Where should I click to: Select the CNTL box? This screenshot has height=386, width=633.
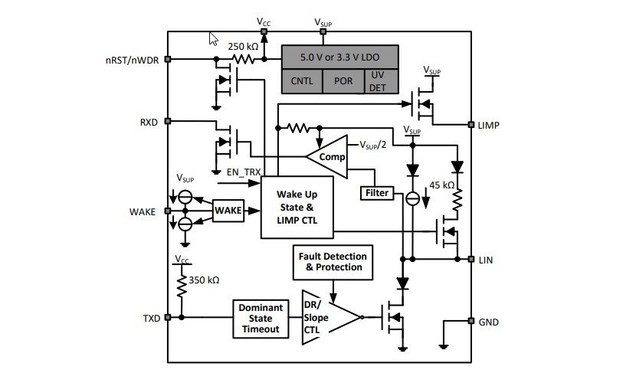coord(302,80)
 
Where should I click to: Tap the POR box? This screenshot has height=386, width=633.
coord(343,80)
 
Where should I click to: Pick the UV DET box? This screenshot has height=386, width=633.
coord(379,80)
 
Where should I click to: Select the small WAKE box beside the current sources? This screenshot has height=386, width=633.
coord(228,209)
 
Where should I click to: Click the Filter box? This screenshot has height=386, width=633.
coord(376,193)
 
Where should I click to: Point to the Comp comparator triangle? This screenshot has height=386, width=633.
coord(329,156)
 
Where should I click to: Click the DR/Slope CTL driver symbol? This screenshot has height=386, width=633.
coord(326,313)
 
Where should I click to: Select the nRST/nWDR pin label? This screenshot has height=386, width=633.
coord(132,59)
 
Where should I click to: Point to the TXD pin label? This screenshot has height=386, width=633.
coord(150,318)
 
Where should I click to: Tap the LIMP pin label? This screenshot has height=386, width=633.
coord(488,125)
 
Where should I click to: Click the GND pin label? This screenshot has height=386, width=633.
coord(488,322)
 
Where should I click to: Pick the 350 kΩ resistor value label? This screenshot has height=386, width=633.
coord(203,281)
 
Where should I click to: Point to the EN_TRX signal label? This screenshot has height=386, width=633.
coord(244,173)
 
